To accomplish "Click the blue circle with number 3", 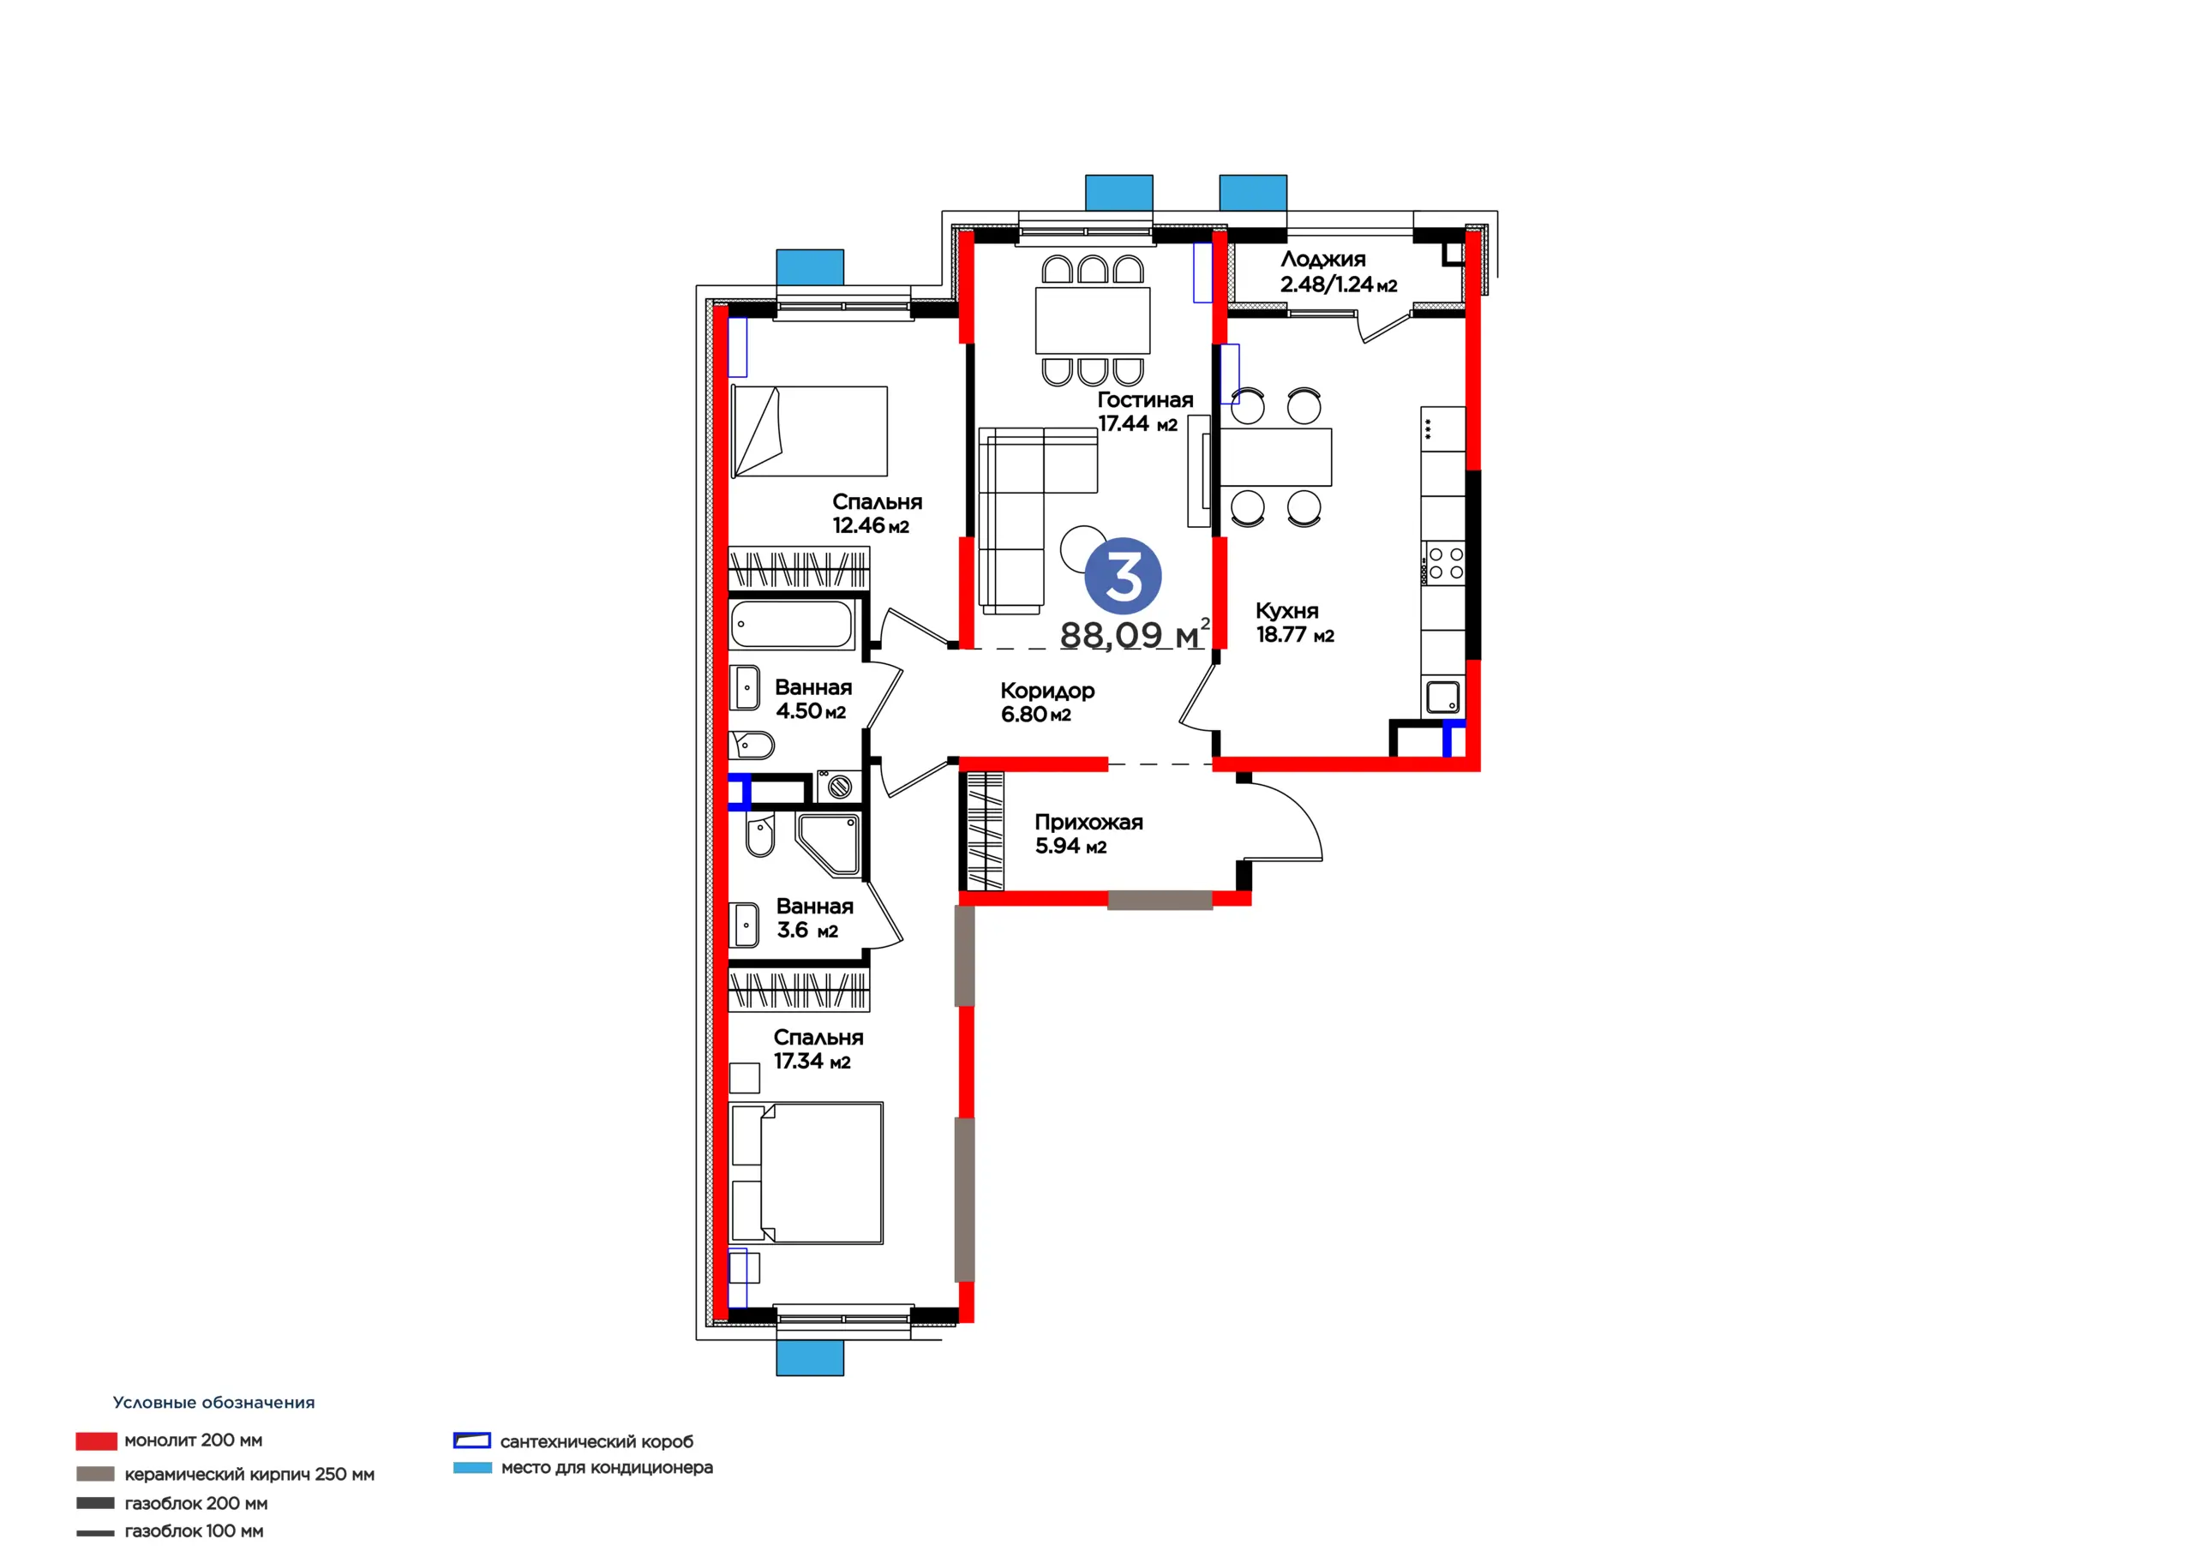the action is point(1123,576).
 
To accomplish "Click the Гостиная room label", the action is point(1145,400).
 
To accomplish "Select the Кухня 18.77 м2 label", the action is point(1295,622).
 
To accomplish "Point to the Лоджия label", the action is point(1322,259).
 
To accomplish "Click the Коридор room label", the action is point(1047,691).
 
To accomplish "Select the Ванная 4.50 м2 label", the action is point(813,698).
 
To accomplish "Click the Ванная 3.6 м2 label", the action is point(814,918).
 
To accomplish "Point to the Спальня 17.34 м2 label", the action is point(818,1048).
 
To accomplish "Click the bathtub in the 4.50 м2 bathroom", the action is point(791,624).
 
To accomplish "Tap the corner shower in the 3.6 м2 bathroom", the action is point(828,845).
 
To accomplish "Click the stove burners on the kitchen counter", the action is point(1444,564).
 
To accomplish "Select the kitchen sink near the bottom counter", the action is point(1443,697).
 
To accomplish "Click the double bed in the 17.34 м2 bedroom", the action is point(806,1172).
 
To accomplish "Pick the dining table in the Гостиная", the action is point(1092,320).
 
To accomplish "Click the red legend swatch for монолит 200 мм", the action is point(97,1440).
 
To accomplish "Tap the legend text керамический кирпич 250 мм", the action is point(249,1474).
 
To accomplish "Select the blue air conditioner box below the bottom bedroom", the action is point(809,1357).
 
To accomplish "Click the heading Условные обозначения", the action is point(214,1403).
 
